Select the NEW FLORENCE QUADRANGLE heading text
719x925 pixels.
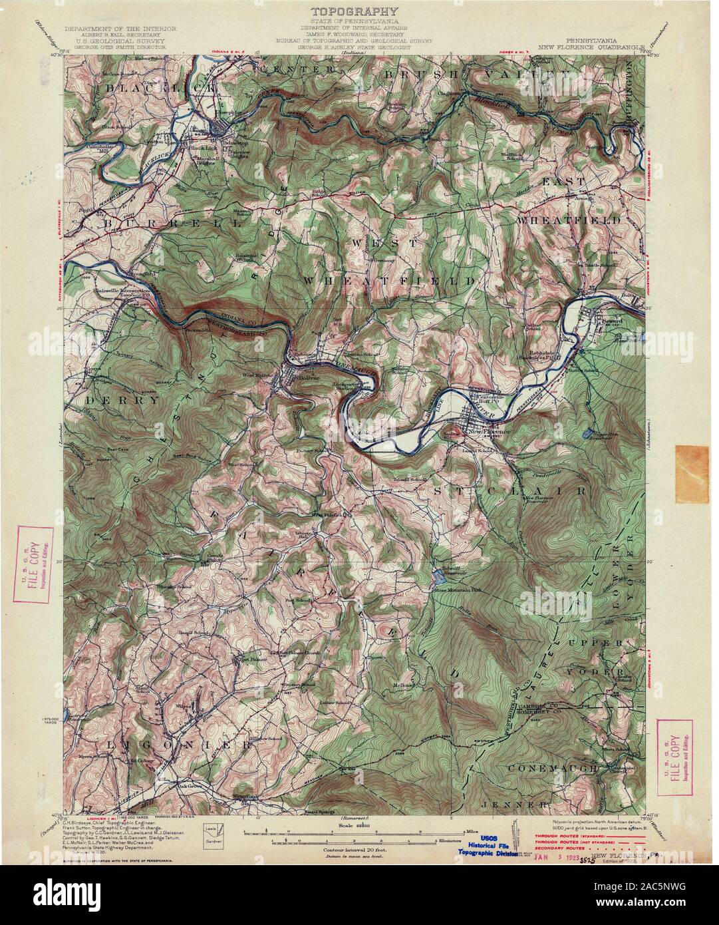point(592,48)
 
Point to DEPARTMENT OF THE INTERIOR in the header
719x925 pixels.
point(120,30)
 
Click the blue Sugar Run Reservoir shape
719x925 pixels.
point(586,434)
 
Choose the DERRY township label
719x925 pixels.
point(122,401)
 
